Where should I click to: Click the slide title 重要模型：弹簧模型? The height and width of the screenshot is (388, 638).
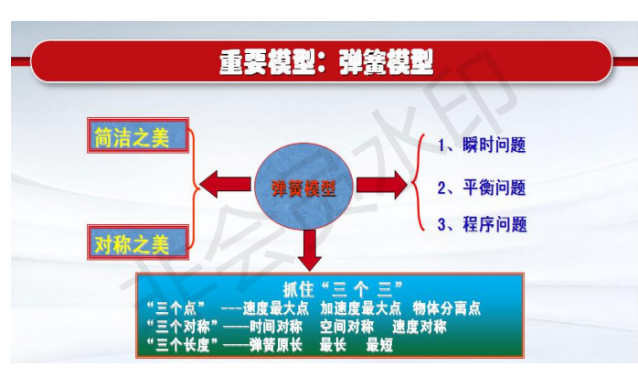coord(326,62)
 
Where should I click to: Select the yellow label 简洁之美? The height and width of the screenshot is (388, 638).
coord(132,137)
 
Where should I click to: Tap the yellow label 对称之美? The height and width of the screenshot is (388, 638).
coord(132,244)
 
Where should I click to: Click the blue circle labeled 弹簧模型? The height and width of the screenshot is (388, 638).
coord(303,186)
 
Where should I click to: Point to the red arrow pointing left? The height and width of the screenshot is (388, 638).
coord(225,184)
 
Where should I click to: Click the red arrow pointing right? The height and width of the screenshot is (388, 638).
coord(382,185)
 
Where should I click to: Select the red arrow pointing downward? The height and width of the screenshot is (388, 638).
coord(310,250)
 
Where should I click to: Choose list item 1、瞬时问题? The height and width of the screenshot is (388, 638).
coord(482,145)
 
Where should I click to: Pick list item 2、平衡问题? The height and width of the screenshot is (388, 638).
coord(482,188)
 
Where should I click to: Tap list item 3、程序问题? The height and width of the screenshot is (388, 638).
coord(483,224)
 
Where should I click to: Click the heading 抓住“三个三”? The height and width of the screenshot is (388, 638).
coord(343,289)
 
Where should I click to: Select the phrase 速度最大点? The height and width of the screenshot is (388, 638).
coord(276,308)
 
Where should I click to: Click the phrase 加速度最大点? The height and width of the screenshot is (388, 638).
coord(360,308)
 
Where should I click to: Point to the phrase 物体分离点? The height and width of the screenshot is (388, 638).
coord(447,308)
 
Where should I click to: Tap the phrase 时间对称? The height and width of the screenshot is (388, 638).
coord(276,327)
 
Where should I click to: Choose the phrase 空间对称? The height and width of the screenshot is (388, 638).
coord(346,327)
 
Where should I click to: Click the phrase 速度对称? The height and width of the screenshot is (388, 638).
coord(420,327)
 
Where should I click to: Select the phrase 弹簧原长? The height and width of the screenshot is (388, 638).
coord(276,345)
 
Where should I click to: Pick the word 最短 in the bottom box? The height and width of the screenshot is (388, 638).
coord(379,345)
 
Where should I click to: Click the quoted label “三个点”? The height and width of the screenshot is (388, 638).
coord(175,308)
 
